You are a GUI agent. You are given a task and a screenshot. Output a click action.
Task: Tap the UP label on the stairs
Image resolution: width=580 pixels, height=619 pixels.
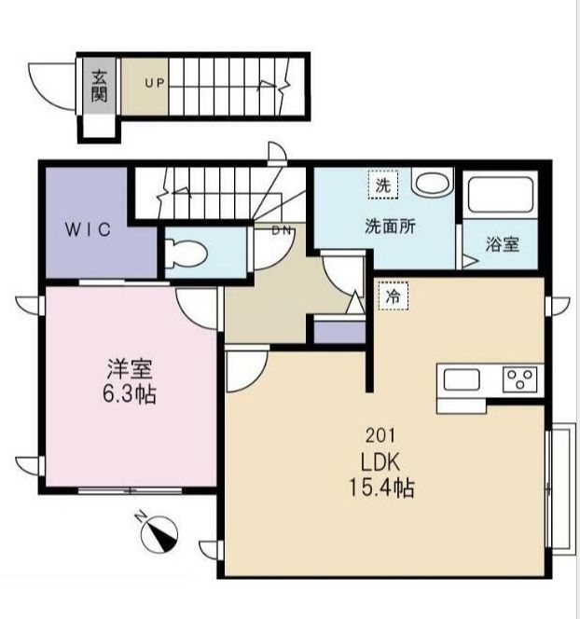point(154,83)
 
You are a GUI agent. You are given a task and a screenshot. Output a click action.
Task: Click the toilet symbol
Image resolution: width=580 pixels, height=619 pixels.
point(184,252)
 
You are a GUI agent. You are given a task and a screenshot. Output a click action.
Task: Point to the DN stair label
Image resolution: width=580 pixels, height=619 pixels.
point(281,230)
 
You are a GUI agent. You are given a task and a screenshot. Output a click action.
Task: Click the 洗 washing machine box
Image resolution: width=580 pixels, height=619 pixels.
point(381,186)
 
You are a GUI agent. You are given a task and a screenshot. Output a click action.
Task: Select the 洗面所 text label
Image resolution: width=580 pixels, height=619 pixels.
point(390,226)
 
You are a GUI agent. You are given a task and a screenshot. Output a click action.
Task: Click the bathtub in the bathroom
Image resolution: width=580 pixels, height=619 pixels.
point(501,197)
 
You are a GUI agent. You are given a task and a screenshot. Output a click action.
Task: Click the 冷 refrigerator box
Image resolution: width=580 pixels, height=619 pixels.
point(393,297)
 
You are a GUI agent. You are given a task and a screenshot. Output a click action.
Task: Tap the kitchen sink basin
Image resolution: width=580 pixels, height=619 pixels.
point(462,380)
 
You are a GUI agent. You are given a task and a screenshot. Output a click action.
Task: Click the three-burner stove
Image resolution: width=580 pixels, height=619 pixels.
point(520,380)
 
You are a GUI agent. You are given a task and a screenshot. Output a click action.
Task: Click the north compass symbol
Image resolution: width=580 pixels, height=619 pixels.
point(159,534)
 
